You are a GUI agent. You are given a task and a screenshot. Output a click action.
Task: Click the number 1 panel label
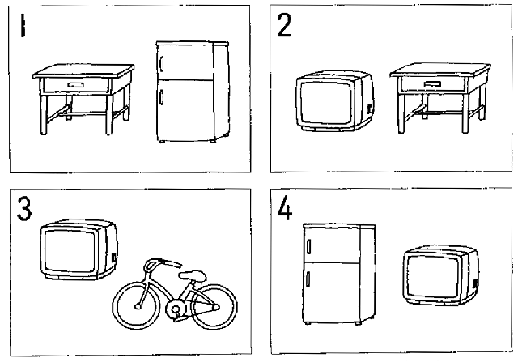tap(23, 25)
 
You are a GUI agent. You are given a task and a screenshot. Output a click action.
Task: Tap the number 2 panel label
tap(284, 25)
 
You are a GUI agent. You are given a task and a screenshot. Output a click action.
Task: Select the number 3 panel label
tap(24, 208)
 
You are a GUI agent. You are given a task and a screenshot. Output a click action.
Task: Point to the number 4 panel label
tap(285, 208)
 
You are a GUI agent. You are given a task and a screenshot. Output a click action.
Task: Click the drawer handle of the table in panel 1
tap(75, 85)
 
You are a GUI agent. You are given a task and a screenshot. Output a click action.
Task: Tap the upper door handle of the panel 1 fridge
tap(162, 64)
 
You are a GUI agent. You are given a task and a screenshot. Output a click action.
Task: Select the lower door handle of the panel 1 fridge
tap(162, 97)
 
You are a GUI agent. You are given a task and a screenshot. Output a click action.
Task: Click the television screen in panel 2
tap(325, 103)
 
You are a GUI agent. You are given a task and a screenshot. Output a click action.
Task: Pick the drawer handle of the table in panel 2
tap(433, 83)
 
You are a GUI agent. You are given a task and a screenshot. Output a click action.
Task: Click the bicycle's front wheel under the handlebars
tap(136, 305)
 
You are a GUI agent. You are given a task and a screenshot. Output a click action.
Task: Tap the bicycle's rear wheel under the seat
tap(214, 308)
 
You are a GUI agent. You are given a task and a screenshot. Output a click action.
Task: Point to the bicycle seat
tap(193, 275)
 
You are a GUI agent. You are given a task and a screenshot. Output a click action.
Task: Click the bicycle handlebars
tap(162, 264)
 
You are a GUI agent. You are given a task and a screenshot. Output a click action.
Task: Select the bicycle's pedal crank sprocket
tap(176, 309)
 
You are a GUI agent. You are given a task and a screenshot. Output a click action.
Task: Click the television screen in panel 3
tap(70, 250)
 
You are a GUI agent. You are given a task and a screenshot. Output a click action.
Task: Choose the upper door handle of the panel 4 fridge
tap(308, 246)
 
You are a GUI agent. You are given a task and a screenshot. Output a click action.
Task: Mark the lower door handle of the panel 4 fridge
tap(308, 279)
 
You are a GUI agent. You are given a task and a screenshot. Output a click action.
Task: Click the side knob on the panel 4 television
tap(476, 283)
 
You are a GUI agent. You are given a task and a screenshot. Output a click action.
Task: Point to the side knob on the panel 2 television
tap(370, 109)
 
